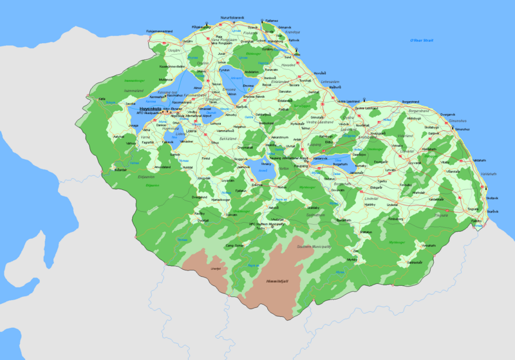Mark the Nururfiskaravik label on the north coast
(x=232, y=17)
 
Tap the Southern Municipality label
(x=313, y=247)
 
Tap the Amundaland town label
(x=162, y=167)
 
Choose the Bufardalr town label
(x=120, y=169)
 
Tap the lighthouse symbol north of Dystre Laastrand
(x=364, y=99)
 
